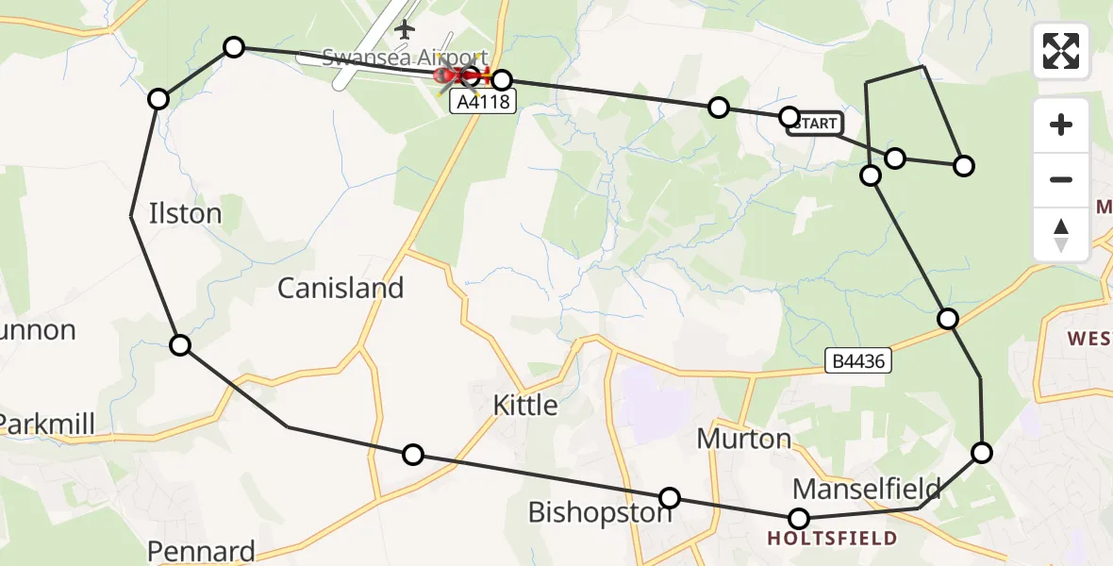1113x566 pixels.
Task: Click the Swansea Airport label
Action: tap(406, 57)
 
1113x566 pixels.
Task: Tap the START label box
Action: tap(815, 124)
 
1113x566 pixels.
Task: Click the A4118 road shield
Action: tap(484, 102)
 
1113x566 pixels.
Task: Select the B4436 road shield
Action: tap(857, 360)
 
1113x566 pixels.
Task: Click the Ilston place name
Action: tap(186, 213)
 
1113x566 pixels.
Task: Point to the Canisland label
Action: tap(341, 288)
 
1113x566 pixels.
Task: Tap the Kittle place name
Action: tap(525, 406)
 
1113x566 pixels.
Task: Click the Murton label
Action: tap(743, 439)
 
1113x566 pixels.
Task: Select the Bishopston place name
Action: tap(600, 512)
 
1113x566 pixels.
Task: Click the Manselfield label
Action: tap(867, 489)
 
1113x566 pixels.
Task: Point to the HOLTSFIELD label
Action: tap(831, 540)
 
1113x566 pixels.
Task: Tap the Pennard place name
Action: tap(201, 551)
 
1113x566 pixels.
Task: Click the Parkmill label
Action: tap(47, 424)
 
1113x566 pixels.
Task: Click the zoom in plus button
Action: tap(1061, 125)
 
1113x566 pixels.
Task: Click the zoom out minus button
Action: tap(1061, 179)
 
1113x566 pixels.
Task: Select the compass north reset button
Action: tap(1061, 234)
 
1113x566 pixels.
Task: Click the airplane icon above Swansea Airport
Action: tap(406, 30)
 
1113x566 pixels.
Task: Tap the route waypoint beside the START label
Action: tap(789, 117)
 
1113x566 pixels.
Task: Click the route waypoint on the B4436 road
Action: tap(948, 319)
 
